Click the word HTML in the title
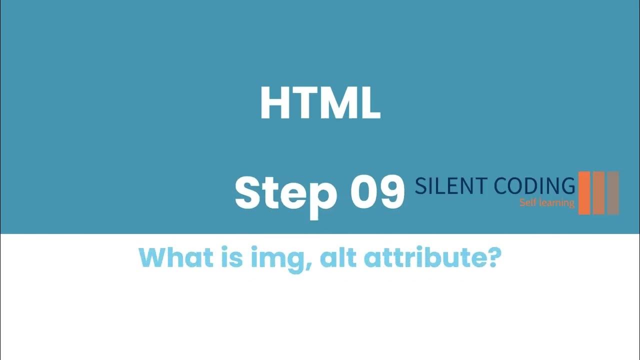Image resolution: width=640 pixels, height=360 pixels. [x=320, y=104]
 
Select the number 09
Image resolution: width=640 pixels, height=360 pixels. [x=377, y=192]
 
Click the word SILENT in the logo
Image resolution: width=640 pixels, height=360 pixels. [x=451, y=186]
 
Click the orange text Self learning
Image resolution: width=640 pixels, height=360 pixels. [x=546, y=203]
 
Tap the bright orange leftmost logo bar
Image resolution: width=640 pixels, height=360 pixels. [x=584, y=193]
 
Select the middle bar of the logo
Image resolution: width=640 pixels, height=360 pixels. [x=598, y=193]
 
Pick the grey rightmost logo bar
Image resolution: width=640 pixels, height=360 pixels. [x=613, y=193]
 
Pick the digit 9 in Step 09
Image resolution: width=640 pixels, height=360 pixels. [x=391, y=192]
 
